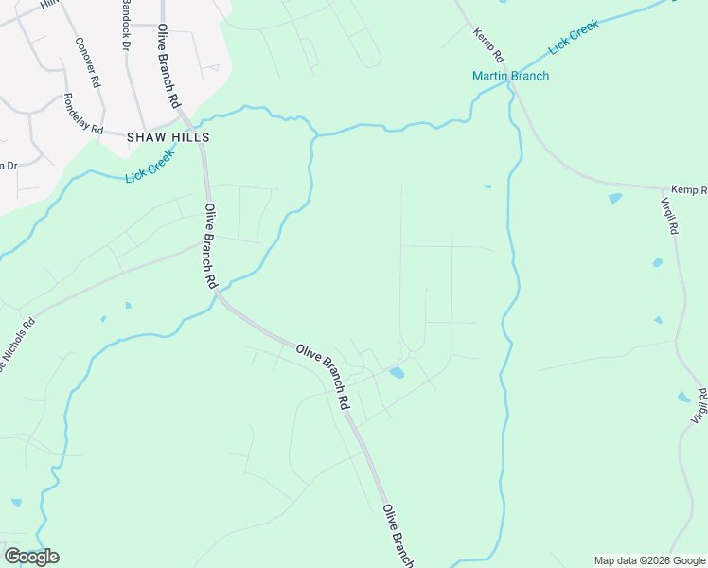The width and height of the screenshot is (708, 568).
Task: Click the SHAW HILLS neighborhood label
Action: [x=168, y=137]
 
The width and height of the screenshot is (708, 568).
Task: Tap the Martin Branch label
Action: [x=511, y=77]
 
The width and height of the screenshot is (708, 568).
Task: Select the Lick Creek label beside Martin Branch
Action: [x=574, y=44]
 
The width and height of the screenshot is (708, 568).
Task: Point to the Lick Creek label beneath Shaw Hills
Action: [x=150, y=167]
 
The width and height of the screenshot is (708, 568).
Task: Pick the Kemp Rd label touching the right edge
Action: [x=689, y=190]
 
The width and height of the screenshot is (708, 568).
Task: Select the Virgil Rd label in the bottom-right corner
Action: [x=700, y=405]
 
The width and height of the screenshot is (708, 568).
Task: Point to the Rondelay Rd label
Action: [x=83, y=113]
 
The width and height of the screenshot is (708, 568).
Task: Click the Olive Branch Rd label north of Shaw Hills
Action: [x=168, y=65]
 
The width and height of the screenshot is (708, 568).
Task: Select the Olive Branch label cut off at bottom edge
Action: [x=398, y=536]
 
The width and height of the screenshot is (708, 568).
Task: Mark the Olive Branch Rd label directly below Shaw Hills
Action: [x=211, y=246]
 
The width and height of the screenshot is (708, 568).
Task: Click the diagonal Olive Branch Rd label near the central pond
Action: [x=323, y=376]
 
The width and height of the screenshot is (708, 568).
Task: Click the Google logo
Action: [x=31, y=557]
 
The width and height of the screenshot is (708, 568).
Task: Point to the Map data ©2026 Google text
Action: [x=649, y=560]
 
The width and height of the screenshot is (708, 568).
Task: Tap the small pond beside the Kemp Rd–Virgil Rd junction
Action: [x=615, y=199]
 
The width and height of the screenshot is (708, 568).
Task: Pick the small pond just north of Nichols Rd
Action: [x=128, y=305]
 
